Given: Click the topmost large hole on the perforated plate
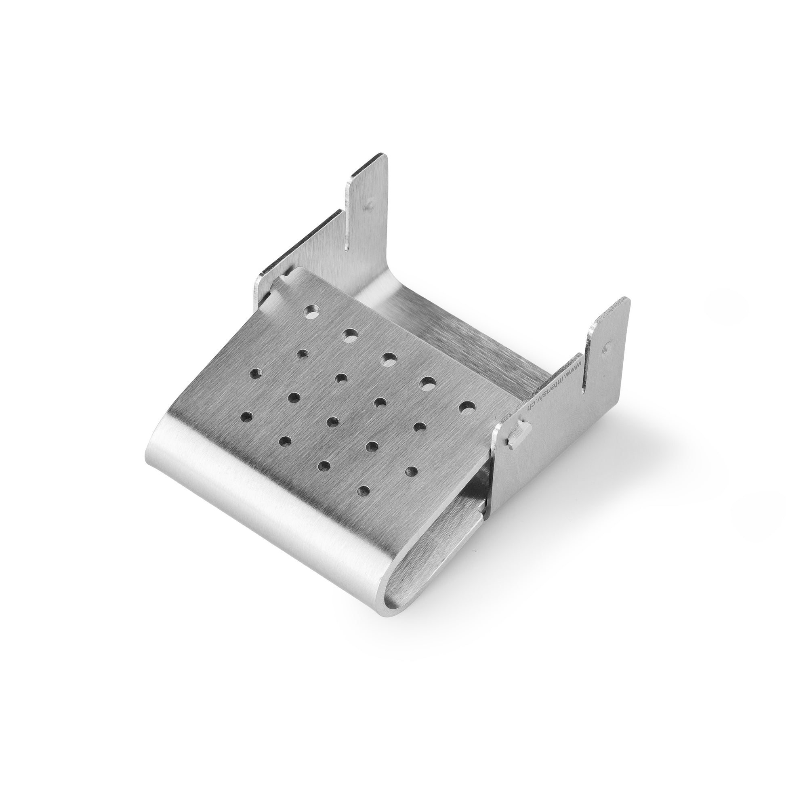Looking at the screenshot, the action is [312, 313].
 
